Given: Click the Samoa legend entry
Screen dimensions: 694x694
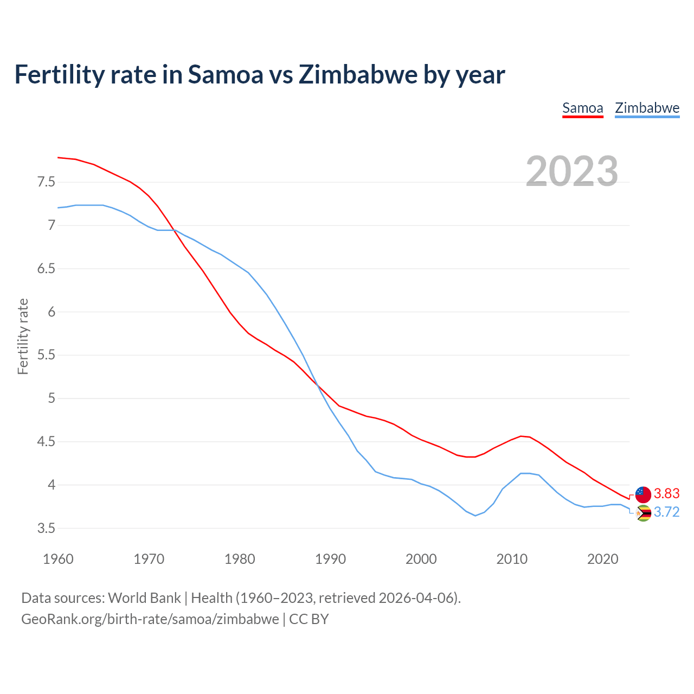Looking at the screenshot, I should [x=582, y=108].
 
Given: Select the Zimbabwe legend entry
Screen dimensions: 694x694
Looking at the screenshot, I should [x=647, y=108].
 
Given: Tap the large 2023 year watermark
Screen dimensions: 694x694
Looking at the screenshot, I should [x=571, y=171].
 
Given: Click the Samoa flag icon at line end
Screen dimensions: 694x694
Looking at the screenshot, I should [x=643, y=494].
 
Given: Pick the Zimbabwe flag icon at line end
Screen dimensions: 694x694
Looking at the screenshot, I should [x=643, y=513].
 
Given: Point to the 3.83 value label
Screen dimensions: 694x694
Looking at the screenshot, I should [x=666, y=493].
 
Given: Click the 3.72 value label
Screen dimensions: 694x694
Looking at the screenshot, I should [x=666, y=512].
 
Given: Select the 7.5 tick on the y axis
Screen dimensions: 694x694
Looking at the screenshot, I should [x=46, y=182].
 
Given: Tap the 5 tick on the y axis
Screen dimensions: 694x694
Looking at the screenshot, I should [x=52, y=399].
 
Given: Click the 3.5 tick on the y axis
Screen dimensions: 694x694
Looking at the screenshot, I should [x=46, y=528].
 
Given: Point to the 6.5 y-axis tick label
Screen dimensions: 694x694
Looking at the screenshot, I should [x=46, y=269].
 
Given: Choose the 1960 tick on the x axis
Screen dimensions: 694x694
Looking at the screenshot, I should [x=58, y=559].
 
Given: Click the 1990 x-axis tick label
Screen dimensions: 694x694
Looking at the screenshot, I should [x=330, y=559].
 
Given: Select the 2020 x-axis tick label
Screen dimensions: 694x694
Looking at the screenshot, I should [x=602, y=559].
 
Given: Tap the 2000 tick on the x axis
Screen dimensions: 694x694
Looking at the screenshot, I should [x=421, y=559].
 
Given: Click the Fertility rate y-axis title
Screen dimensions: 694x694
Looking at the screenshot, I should [x=23, y=336].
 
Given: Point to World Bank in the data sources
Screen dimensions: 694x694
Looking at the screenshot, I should [x=144, y=598].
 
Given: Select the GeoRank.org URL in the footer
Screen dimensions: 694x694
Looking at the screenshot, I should [x=150, y=619].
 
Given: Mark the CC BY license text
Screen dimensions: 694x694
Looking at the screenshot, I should [x=309, y=619].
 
